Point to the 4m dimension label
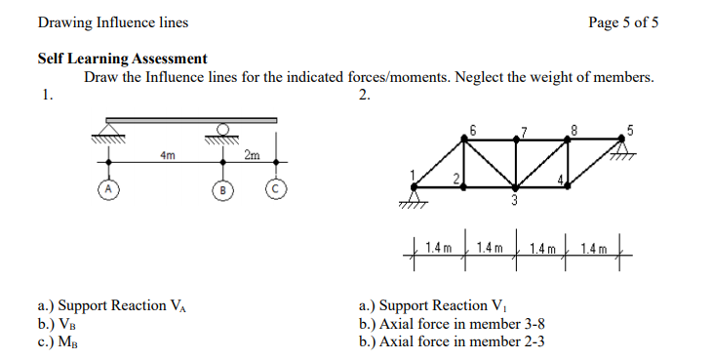167,155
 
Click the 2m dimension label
252,155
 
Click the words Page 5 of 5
624,22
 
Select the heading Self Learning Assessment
122,59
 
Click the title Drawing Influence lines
113,22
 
